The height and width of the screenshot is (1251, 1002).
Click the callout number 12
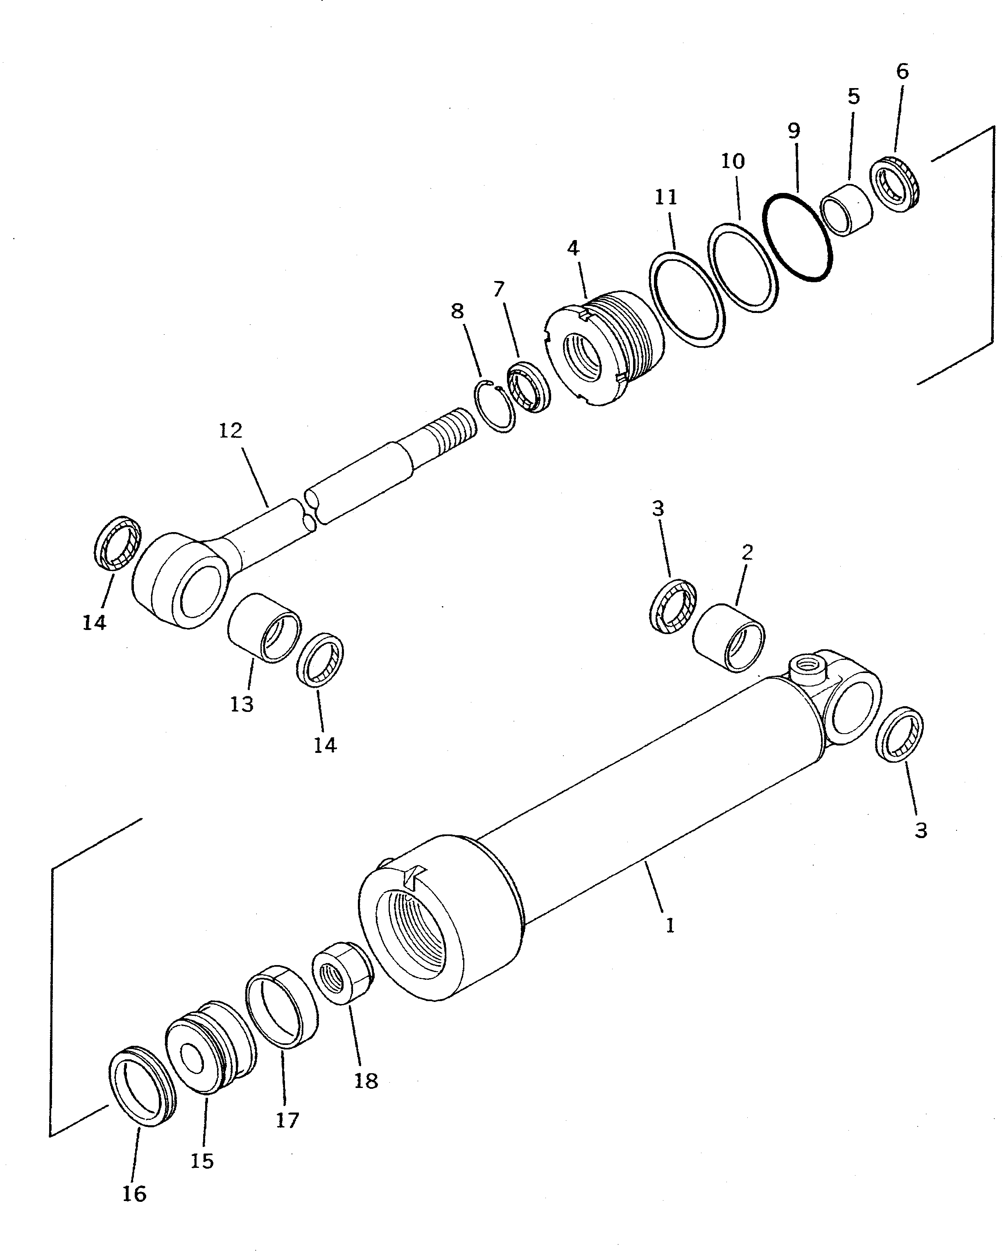point(231,431)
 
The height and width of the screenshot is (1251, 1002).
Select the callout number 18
point(366,1081)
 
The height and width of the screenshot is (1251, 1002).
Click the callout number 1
point(670,925)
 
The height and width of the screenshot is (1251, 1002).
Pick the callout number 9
point(794,131)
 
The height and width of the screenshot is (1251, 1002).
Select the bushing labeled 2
point(728,638)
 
